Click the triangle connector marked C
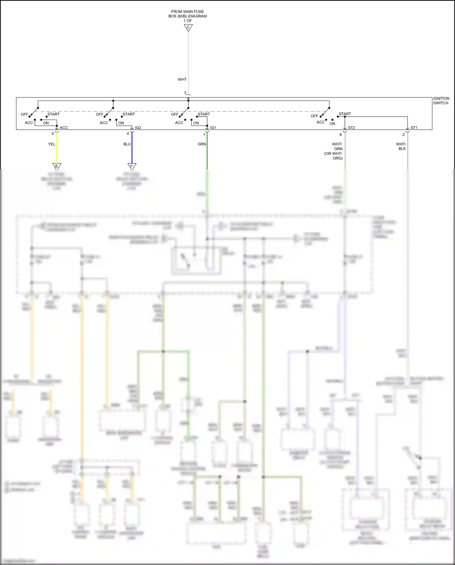(188, 28)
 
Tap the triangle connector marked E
(57, 166)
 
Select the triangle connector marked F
(132, 166)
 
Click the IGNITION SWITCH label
(441, 101)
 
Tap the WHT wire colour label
(182, 80)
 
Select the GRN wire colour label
(202, 144)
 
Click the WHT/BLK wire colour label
(401, 146)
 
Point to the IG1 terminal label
(213, 128)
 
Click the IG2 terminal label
(138, 128)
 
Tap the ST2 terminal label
(351, 128)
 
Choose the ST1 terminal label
(414, 128)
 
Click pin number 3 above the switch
(185, 93)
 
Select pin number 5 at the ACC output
(53, 134)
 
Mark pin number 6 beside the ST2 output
(341, 134)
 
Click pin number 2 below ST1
(403, 134)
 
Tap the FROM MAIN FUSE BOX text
(187, 14)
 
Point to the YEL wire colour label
(52, 144)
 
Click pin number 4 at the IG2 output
(128, 134)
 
